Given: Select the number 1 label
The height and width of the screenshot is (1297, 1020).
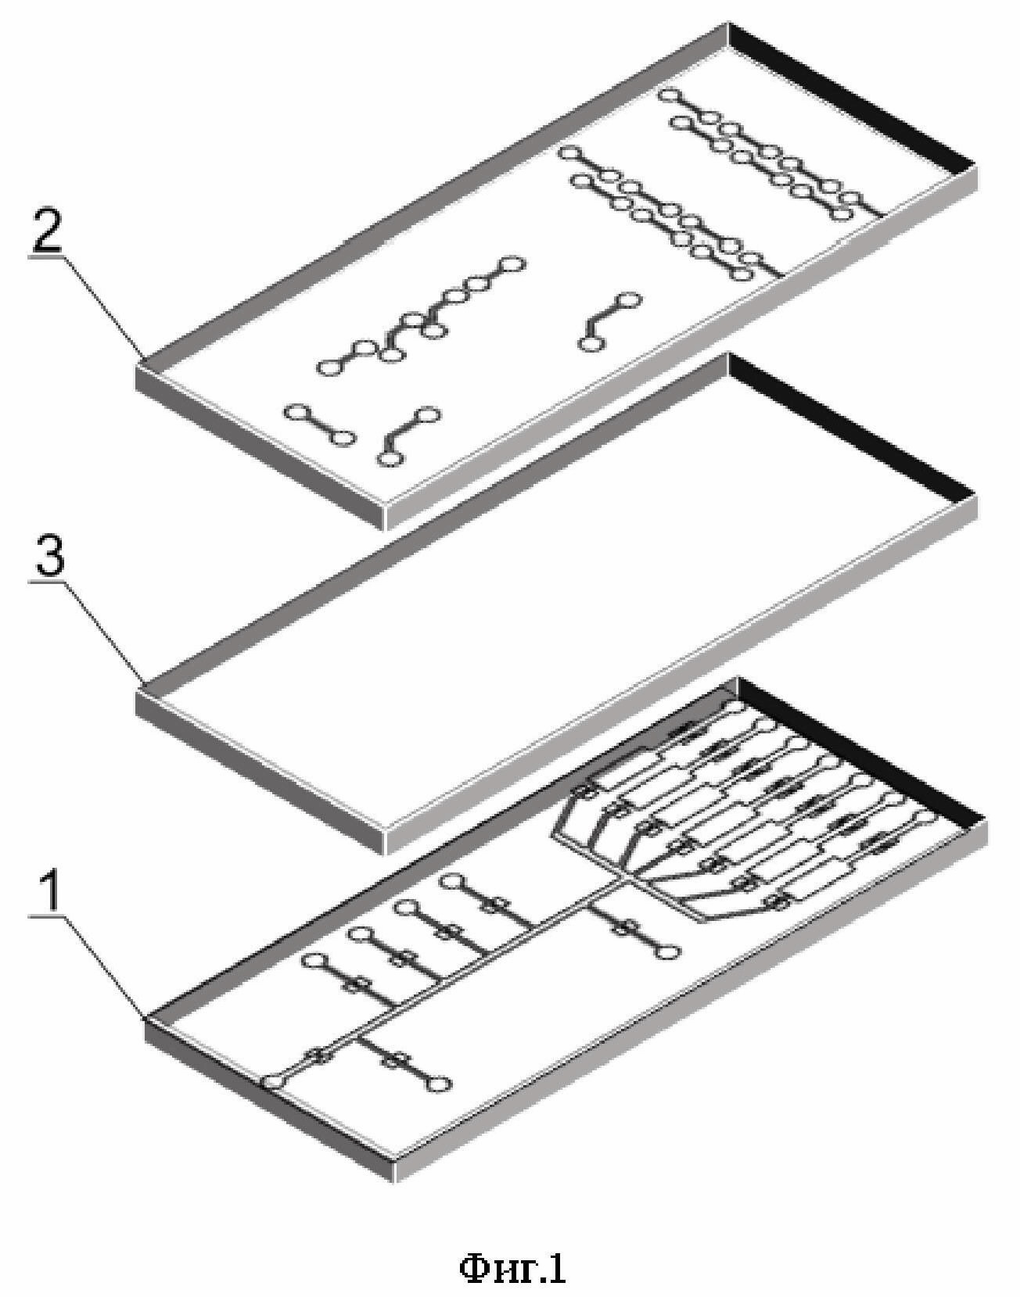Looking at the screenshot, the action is click(x=48, y=892).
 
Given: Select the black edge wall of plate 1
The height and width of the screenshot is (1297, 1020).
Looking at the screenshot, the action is click(x=857, y=751).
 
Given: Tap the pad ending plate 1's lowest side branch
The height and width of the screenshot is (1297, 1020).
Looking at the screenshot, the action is click(x=440, y=1083).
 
